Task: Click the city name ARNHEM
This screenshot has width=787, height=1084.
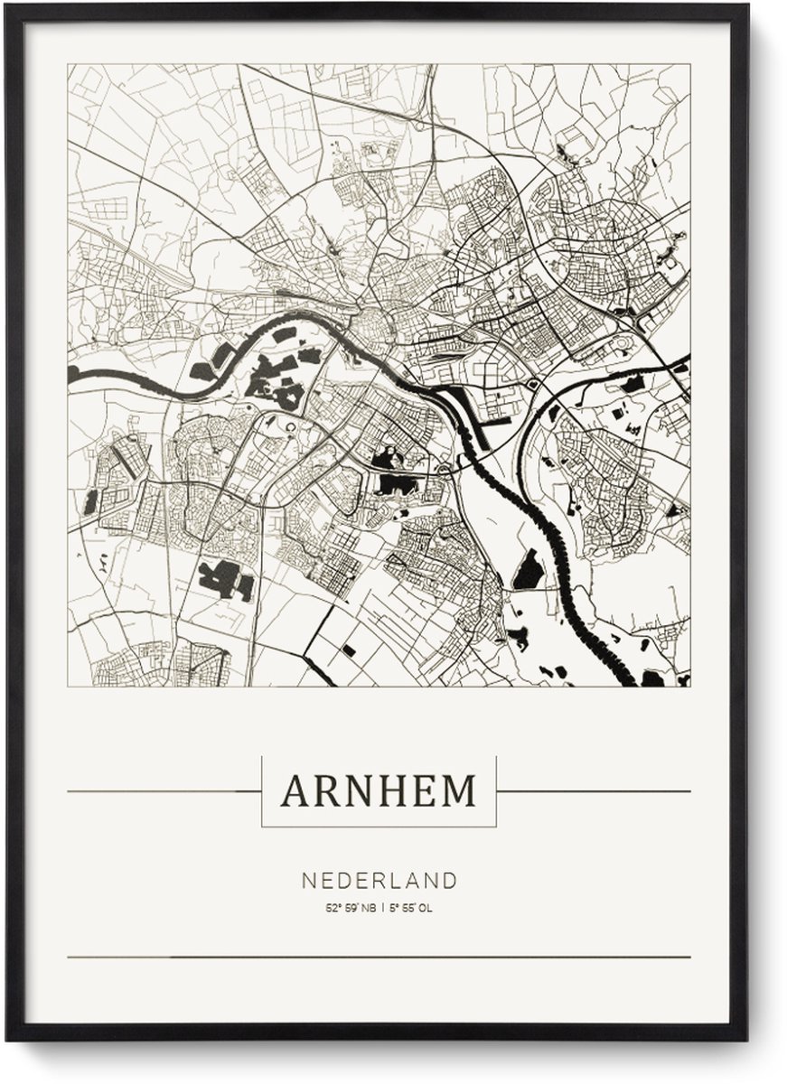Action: point(379,791)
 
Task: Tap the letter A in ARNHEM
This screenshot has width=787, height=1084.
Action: point(294,791)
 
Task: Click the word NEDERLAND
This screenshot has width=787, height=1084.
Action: point(379,880)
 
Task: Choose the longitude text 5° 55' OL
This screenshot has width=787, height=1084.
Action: point(412,908)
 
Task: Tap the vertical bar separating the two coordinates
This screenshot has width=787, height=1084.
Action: point(383,908)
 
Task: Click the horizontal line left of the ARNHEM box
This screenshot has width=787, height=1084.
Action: point(163,792)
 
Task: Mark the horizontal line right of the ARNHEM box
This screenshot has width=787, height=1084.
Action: point(593,792)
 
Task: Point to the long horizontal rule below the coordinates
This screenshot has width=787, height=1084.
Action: point(379,957)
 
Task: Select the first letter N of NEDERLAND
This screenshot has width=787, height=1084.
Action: point(307,880)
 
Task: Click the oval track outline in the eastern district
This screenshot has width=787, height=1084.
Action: point(623,347)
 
